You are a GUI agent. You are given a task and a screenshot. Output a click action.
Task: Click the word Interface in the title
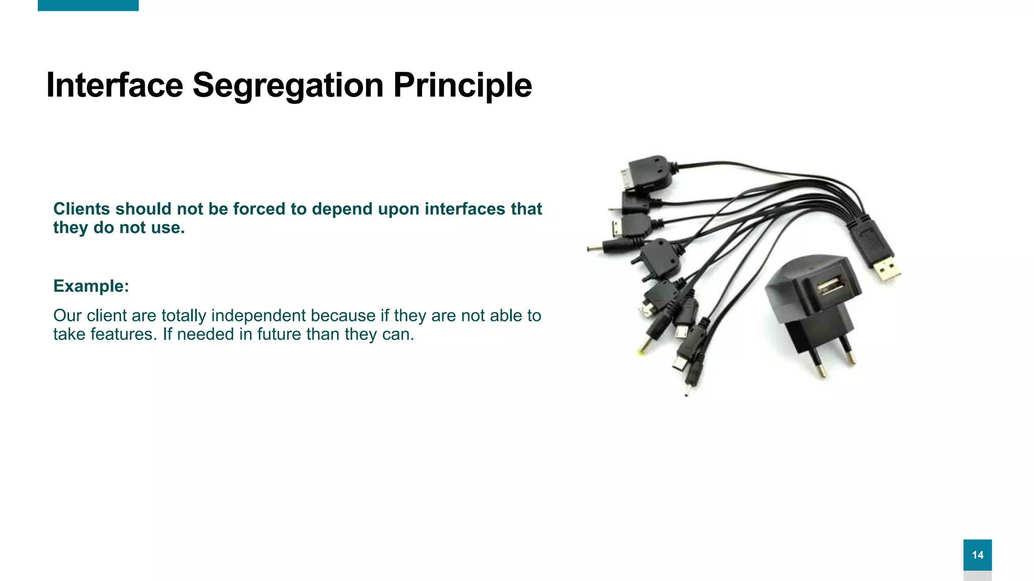[114, 85]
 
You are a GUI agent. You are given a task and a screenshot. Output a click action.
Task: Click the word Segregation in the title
[288, 85]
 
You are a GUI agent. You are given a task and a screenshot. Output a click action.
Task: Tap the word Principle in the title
[462, 85]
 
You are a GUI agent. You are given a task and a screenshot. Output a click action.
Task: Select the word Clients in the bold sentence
[81, 209]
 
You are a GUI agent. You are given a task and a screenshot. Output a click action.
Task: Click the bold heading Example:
[91, 286]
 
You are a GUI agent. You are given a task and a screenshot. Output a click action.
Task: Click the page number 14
[977, 555]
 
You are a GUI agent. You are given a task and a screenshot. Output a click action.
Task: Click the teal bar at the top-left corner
[88, 5]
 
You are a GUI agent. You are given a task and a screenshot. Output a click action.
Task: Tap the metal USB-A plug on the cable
[887, 268]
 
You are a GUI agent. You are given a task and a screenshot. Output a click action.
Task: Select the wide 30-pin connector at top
[646, 172]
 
